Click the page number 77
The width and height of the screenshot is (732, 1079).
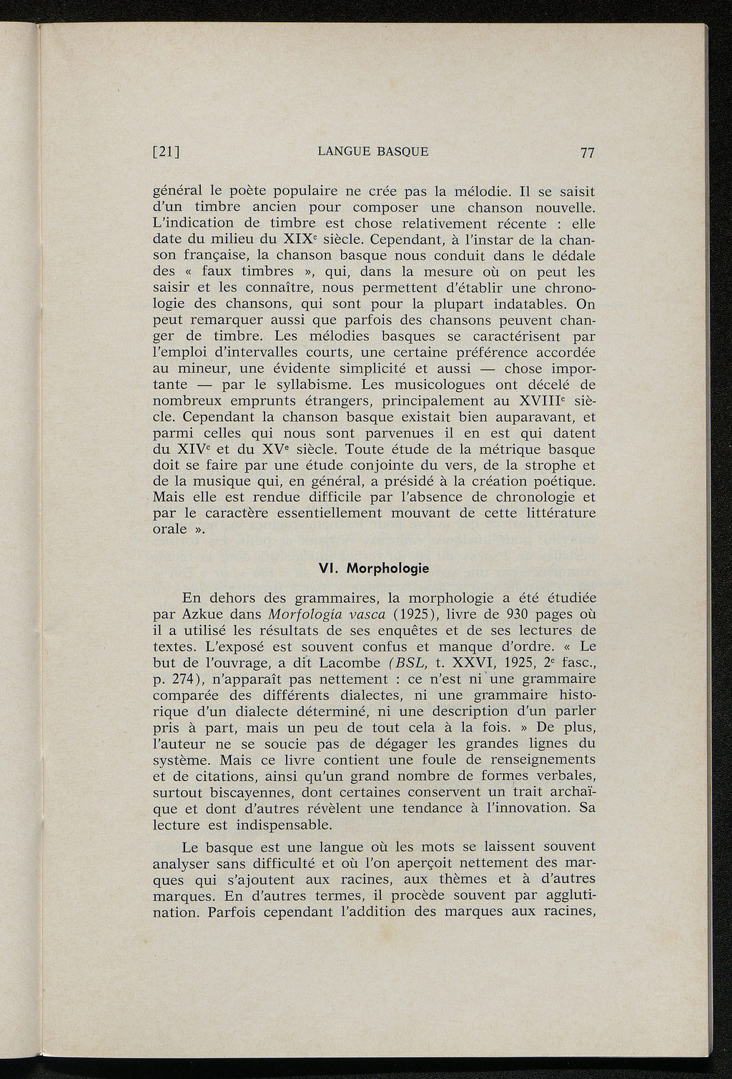[x=588, y=152]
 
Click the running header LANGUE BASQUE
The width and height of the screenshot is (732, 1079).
[x=372, y=152]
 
